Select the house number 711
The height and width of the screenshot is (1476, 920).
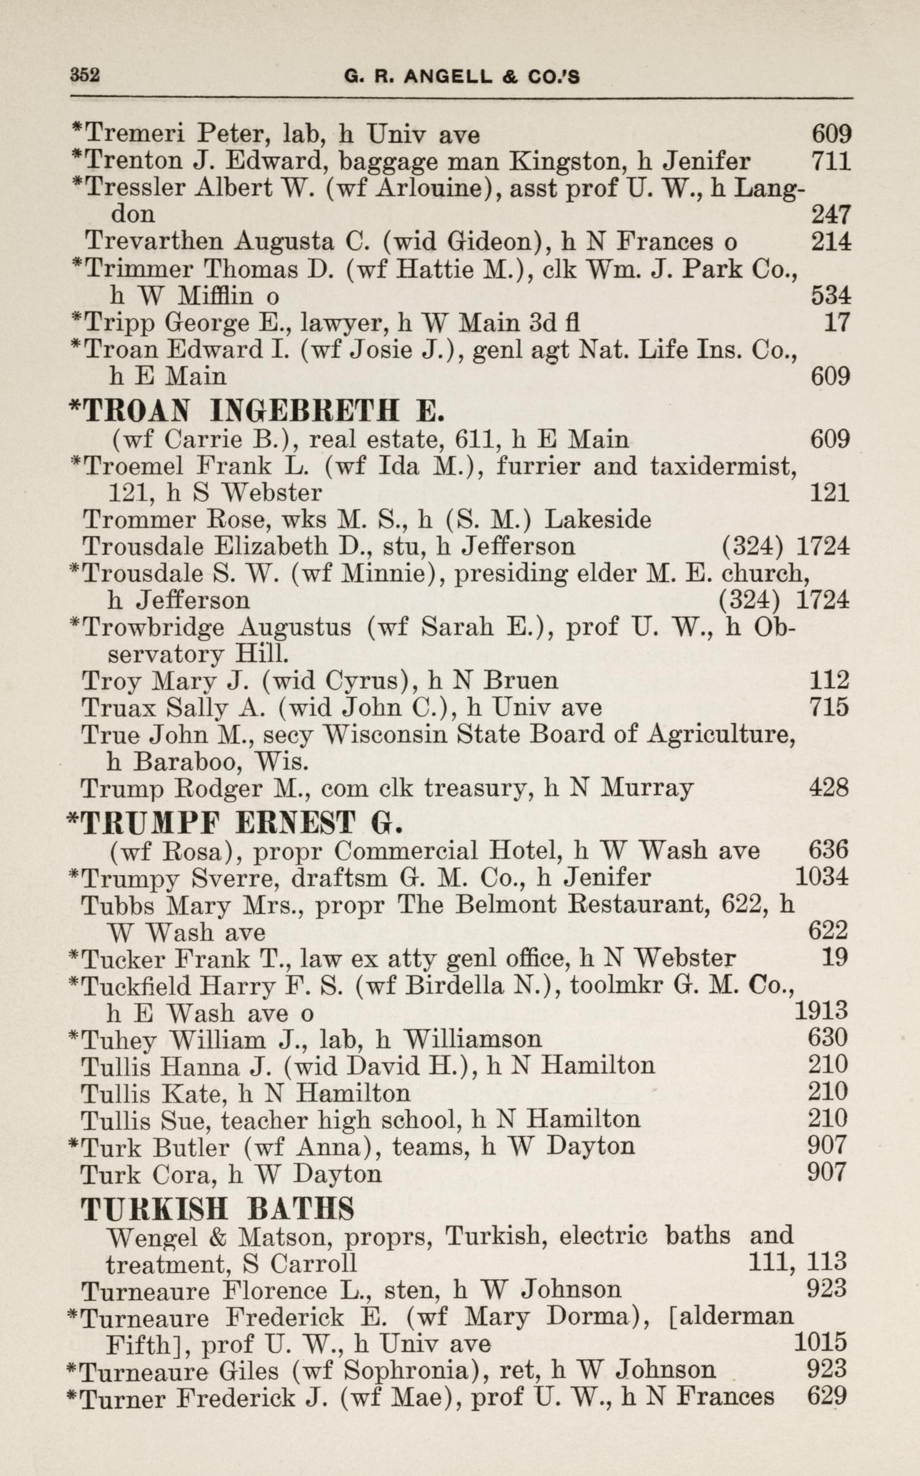pyautogui.click(x=831, y=161)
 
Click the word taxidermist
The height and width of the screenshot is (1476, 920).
pyautogui.click(x=723, y=465)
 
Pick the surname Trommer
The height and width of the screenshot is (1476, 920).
pyautogui.click(x=123, y=520)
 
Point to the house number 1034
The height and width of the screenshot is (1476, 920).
pyautogui.click(x=822, y=877)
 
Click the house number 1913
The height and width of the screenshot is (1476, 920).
pyautogui.click(x=821, y=1012)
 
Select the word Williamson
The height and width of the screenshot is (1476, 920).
pyautogui.click(x=472, y=1038)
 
